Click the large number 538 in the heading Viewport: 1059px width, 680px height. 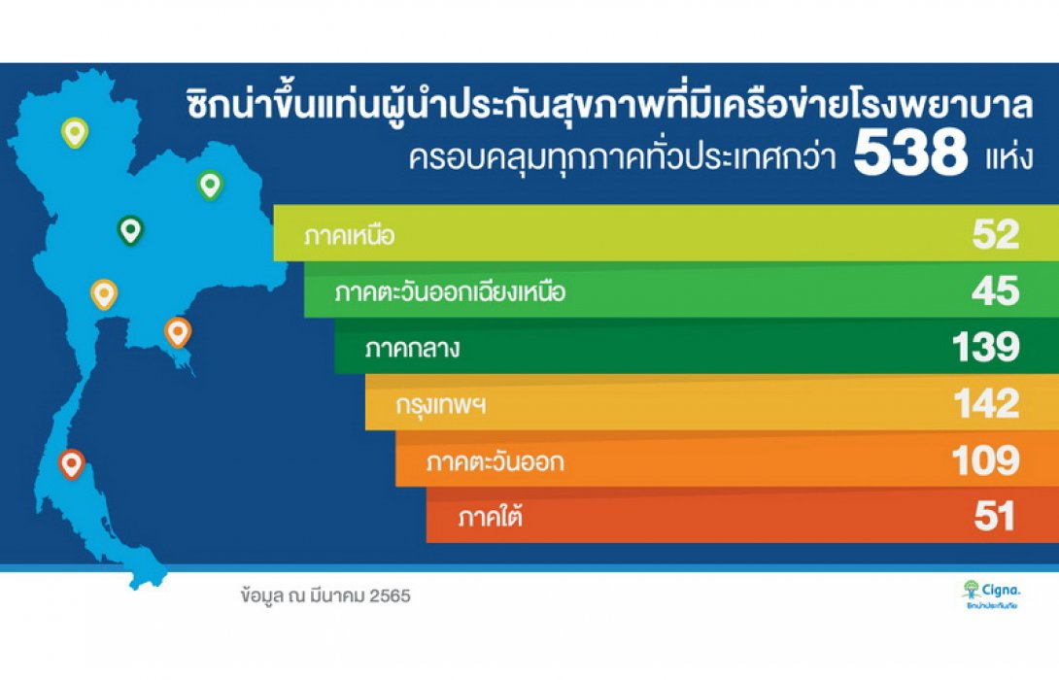pos(910,155)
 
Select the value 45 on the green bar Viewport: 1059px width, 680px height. pos(996,291)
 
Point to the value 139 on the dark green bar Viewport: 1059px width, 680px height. pos(986,348)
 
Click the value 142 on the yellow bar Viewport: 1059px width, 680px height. pos(985,403)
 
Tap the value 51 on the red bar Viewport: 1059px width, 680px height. pos(996,516)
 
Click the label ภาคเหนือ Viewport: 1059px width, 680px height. pos(349,236)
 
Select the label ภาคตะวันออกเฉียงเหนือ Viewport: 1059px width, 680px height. pos(449,292)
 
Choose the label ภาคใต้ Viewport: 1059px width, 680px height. pos(490,517)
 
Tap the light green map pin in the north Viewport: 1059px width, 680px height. pos(74,132)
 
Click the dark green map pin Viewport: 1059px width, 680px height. pos(129,230)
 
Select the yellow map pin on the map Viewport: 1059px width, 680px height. pos(104,293)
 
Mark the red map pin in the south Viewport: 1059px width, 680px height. pos(71,464)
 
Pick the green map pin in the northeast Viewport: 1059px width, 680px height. pos(210,184)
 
